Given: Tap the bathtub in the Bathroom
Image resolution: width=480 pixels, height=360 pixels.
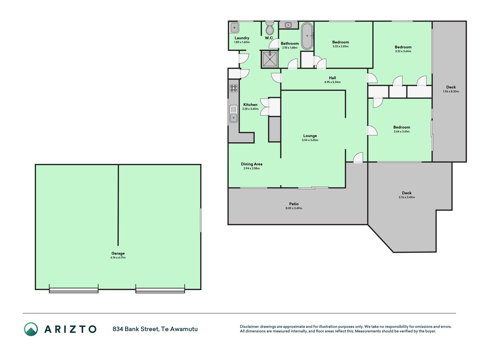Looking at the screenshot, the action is (x=307, y=36).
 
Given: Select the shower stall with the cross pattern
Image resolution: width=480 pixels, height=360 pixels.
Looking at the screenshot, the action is (x=270, y=59).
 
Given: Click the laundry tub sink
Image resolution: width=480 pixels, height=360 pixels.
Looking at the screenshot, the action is (x=235, y=28).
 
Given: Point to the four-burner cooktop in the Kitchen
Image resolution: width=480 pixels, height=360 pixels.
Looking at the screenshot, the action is (x=234, y=88).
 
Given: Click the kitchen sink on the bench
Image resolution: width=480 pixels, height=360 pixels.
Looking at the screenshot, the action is (x=233, y=114).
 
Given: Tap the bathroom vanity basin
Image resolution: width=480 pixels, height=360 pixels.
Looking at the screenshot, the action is (x=288, y=25).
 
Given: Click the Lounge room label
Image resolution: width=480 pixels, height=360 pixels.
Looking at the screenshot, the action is (x=310, y=136).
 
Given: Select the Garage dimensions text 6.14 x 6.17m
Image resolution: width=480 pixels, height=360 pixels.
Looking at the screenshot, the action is (x=118, y=258).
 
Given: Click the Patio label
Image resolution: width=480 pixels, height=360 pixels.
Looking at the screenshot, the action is (x=294, y=204).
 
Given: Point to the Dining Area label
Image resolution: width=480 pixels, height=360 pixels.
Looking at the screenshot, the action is (x=252, y=164).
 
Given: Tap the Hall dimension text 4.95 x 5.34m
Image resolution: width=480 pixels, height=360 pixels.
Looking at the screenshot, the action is (x=332, y=82).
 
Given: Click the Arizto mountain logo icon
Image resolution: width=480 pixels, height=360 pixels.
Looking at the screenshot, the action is (x=31, y=329).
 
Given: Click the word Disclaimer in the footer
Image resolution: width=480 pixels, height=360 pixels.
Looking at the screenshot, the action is (x=249, y=327).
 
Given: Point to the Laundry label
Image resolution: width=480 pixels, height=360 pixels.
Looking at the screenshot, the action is (x=242, y=38).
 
